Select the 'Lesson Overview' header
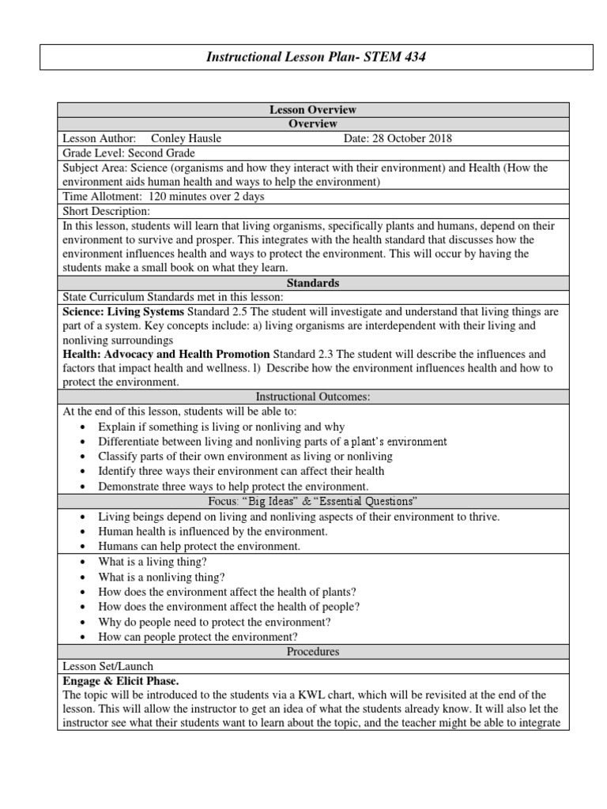point(313,110)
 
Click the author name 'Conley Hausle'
point(186,138)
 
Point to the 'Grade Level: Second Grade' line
point(129,153)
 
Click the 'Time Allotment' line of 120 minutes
point(164,197)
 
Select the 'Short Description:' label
point(106,211)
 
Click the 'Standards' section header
point(313,282)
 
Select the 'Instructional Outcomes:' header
point(313,397)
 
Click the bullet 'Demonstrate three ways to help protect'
point(233,487)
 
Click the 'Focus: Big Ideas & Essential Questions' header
point(313,501)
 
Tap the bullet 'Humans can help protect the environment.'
point(199,546)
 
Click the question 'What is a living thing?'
point(153,562)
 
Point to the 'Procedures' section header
point(313,652)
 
